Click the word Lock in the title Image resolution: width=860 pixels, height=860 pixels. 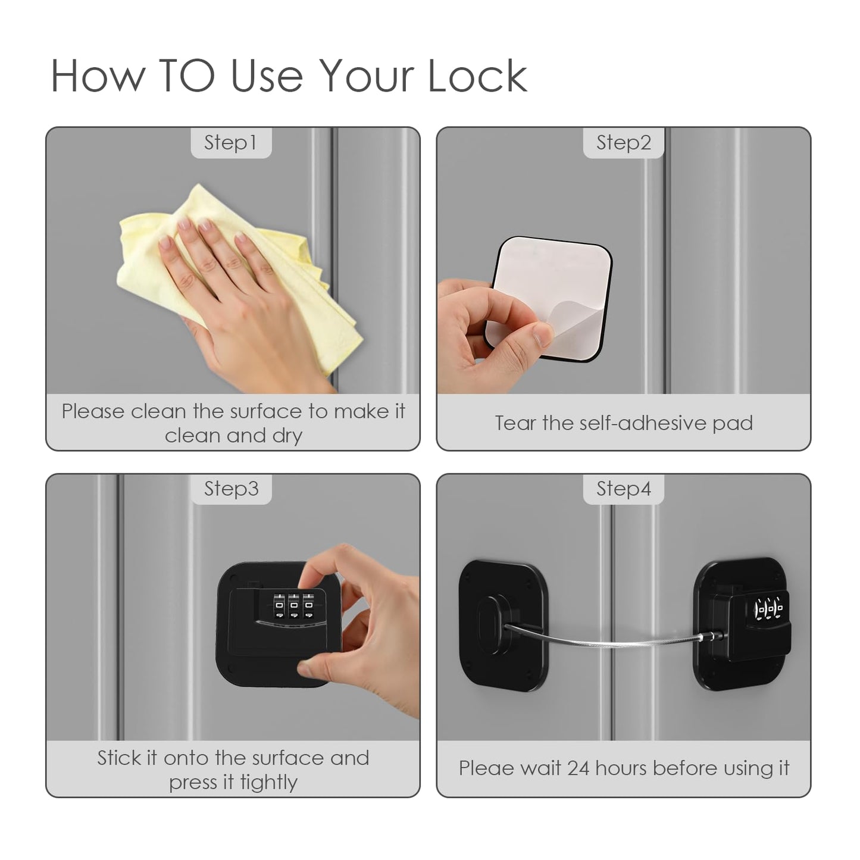pyautogui.click(x=477, y=76)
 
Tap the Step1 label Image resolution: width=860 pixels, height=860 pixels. pyautogui.click(x=230, y=143)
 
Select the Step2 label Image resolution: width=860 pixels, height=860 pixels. pyautogui.click(x=623, y=143)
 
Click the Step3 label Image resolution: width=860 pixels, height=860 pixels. pyautogui.click(x=231, y=489)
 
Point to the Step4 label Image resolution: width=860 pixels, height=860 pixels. pyautogui.click(x=623, y=489)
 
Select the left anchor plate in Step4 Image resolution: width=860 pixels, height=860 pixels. pyautogui.click(x=503, y=625)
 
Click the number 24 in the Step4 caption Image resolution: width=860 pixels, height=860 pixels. pyautogui.click(x=578, y=768)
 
